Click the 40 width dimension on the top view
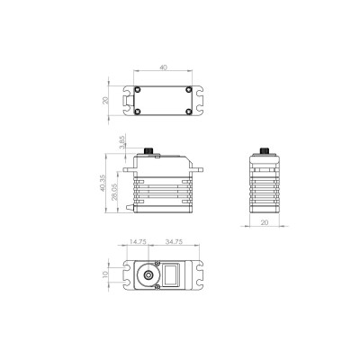click(163, 67)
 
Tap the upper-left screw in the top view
click(138, 91)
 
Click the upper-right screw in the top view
click(187, 91)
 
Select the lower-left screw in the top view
click(138, 112)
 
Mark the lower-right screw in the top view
click(187, 112)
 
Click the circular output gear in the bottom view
click(148, 275)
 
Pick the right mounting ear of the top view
click(196, 102)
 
